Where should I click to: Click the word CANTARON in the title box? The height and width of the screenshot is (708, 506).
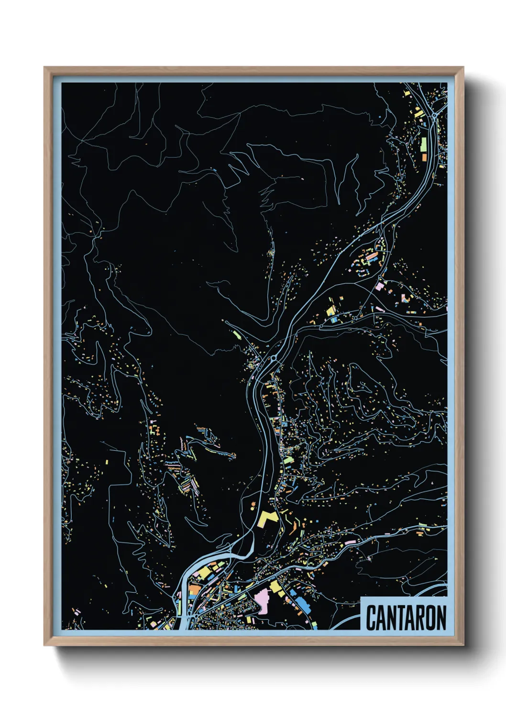tap(406, 618)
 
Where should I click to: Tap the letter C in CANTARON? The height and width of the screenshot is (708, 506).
tap(372, 618)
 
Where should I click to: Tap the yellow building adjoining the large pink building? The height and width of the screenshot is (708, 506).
tap(275, 586)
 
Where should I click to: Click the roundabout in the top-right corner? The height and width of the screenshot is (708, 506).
tap(434, 116)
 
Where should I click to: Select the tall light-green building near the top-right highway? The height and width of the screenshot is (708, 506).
tap(423, 143)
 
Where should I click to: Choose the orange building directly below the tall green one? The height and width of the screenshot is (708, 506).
tap(424, 156)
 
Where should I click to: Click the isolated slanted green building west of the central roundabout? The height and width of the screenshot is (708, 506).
tap(236, 334)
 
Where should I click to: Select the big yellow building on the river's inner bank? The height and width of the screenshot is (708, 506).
tap(203, 572)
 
